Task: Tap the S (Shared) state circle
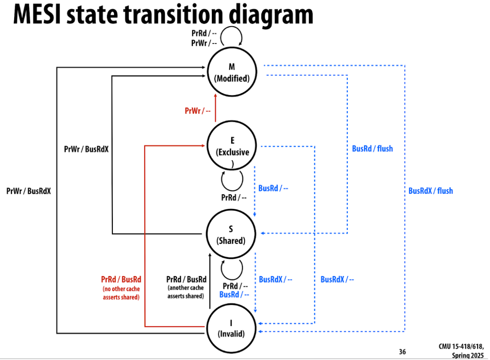pyautogui.click(x=231, y=235)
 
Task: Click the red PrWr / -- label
pyautogui.click(x=198, y=111)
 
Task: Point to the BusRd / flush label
pyautogui.click(x=372, y=149)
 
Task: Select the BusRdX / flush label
pyautogui.click(x=431, y=190)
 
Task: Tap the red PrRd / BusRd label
pyautogui.click(x=121, y=279)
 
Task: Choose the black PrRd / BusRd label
pyautogui.click(x=186, y=279)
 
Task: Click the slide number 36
pyautogui.click(x=402, y=351)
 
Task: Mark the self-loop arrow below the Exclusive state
pyautogui.click(x=232, y=180)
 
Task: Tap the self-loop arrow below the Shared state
pyautogui.click(x=232, y=269)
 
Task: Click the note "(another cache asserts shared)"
pyautogui.click(x=186, y=292)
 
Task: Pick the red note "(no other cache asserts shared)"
pyautogui.click(x=121, y=293)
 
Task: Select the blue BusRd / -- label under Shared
pyautogui.click(x=234, y=295)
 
